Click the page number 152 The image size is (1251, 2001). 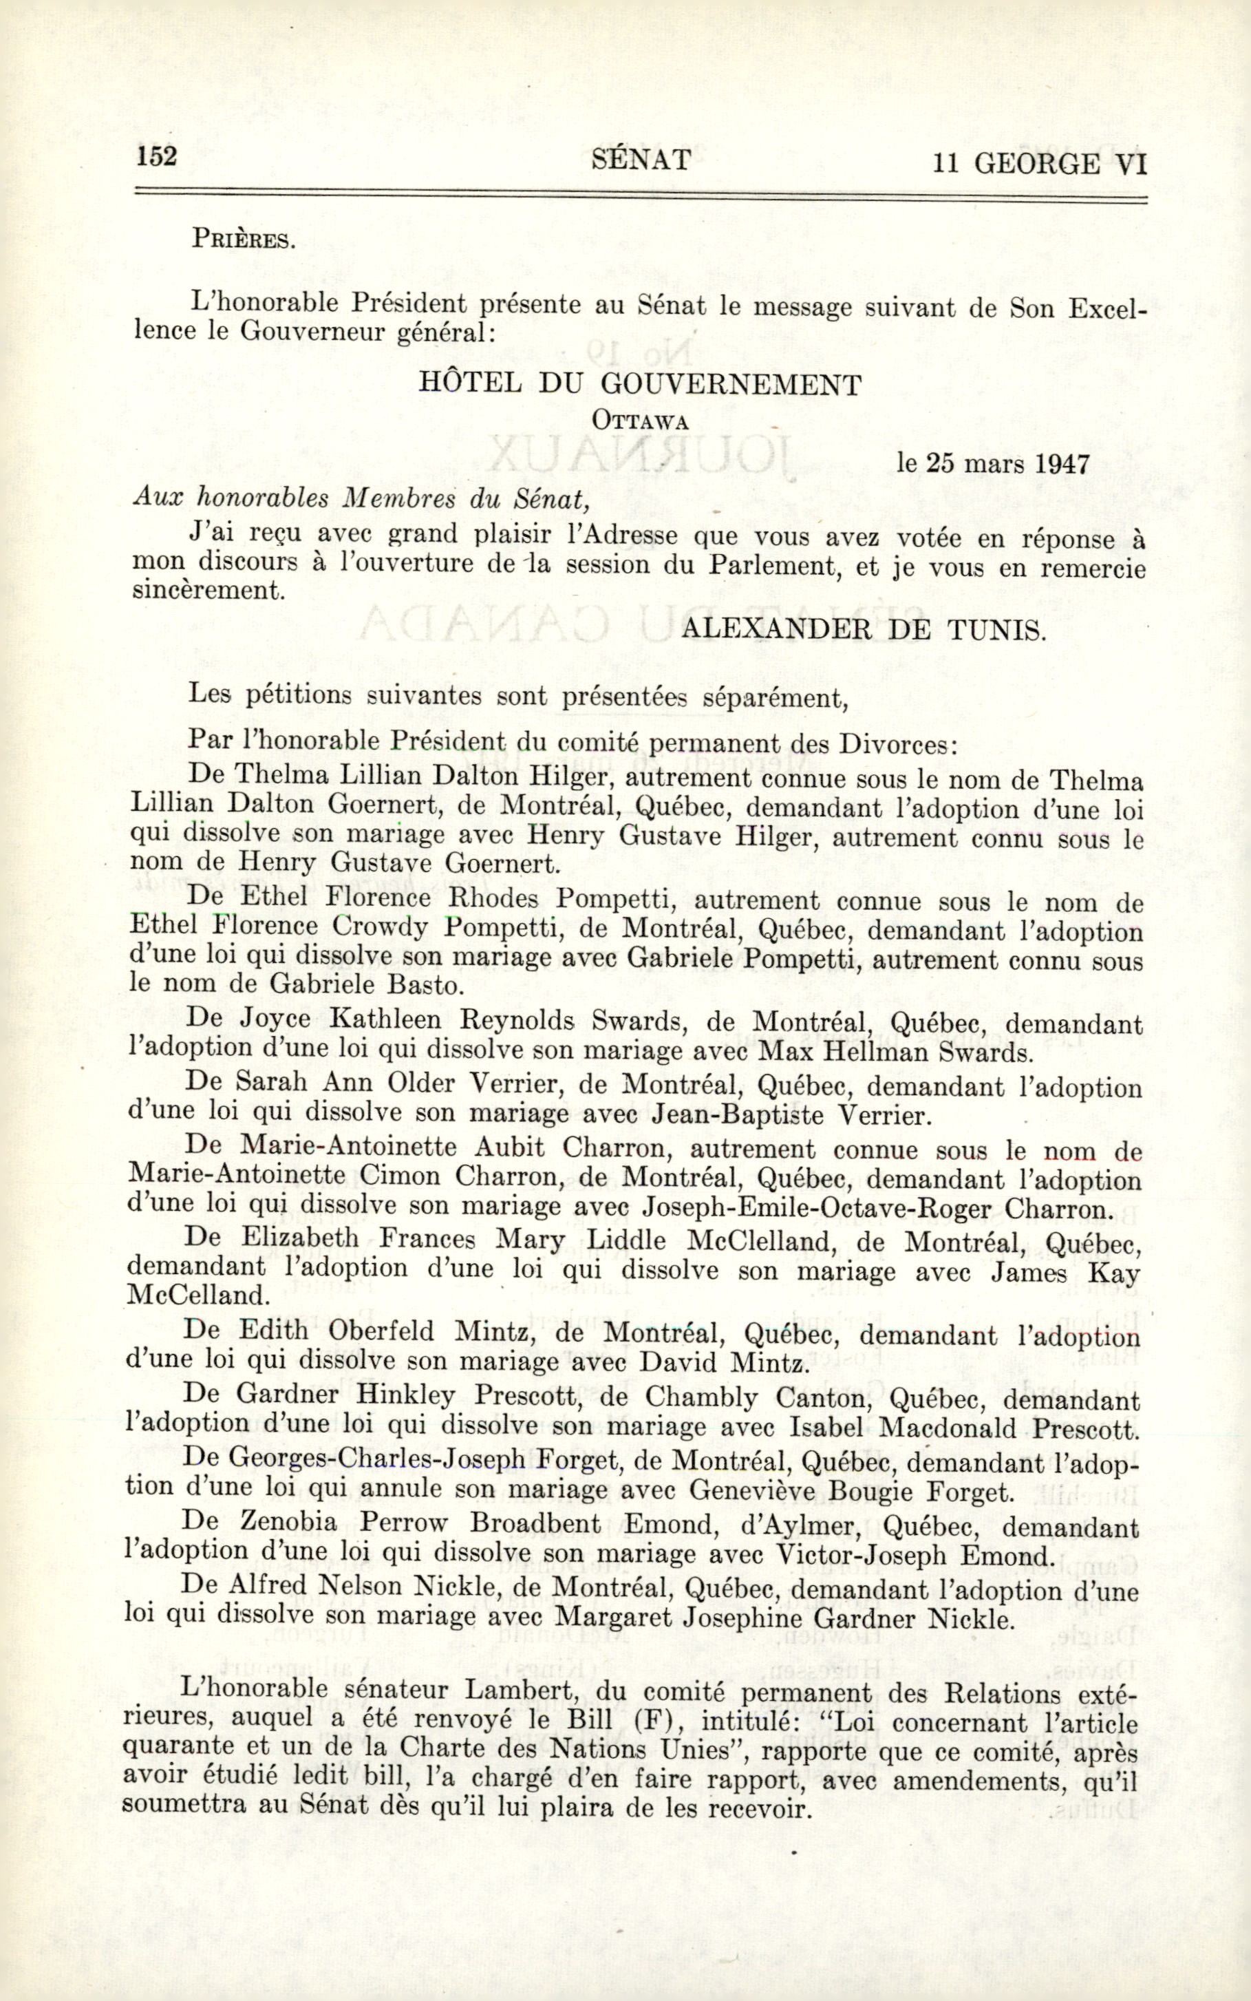157,156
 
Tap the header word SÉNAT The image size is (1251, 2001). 641,159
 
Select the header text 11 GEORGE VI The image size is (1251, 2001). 1039,163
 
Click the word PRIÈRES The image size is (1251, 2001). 244,240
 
